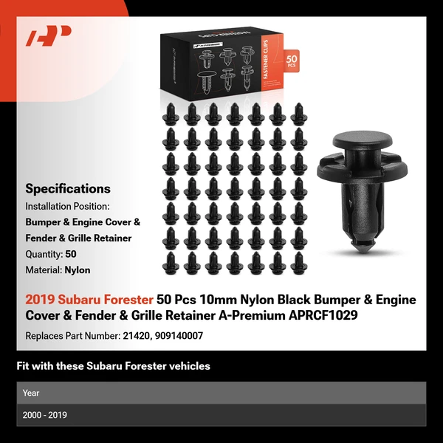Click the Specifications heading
(68, 189)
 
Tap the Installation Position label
(67, 206)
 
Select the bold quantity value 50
(71, 253)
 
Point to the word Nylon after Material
(78, 269)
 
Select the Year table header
(31, 393)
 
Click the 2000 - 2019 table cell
(45, 415)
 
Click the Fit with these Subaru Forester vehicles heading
(113, 365)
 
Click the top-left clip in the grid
(169, 113)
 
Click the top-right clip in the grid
(298, 113)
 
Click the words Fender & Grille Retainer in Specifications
(78, 238)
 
